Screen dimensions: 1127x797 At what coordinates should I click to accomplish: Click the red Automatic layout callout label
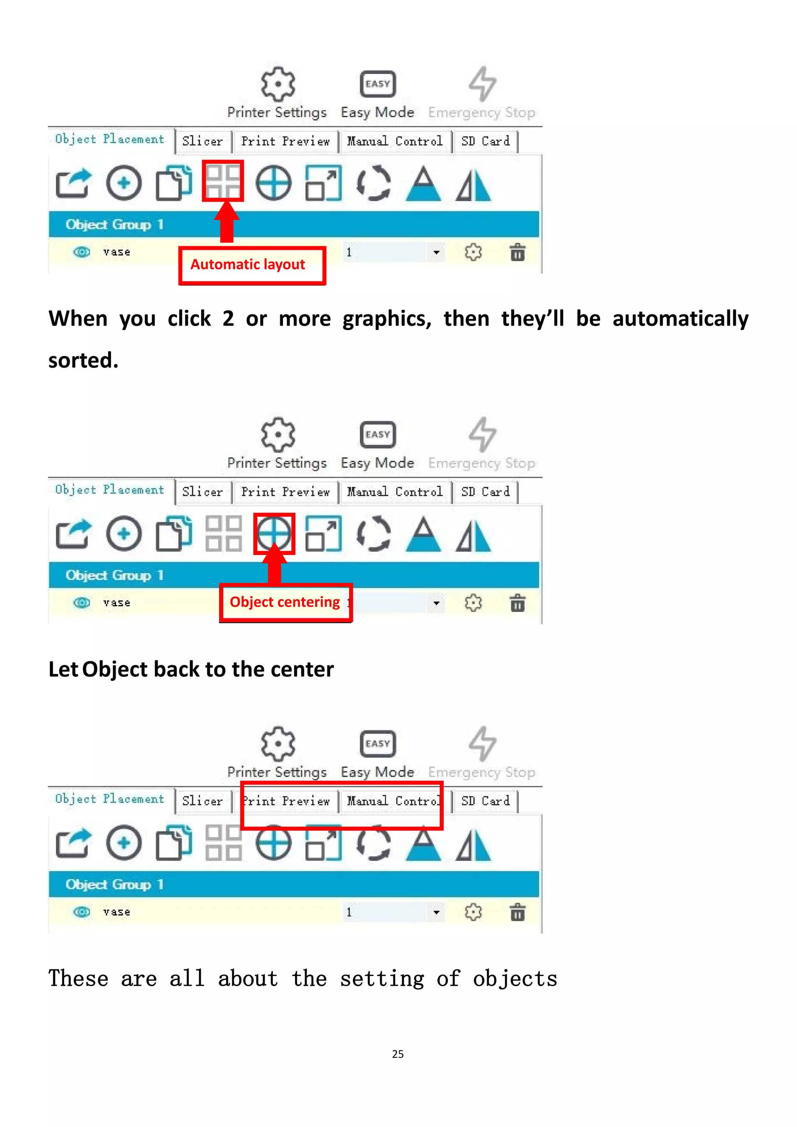coord(252,265)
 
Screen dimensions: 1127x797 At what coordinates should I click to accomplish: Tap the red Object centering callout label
coord(285,602)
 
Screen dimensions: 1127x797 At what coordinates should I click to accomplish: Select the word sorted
coord(83,361)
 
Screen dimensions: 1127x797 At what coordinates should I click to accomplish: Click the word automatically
coord(680,319)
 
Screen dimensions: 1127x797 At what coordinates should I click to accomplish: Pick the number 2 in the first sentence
coord(228,319)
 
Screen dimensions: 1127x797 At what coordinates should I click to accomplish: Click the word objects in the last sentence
coord(515,979)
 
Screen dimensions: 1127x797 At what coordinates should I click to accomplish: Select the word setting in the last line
coord(382,979)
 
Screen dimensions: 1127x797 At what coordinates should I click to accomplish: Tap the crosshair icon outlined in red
coord(274,534)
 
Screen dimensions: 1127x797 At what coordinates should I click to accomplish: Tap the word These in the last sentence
coord(78,979)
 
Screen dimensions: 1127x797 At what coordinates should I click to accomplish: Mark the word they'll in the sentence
coord(532,319)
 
